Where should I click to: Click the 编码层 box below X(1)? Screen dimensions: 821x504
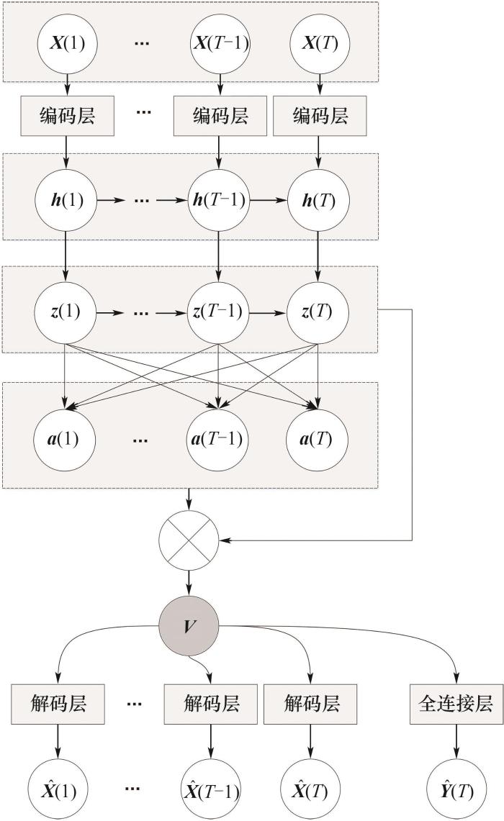click(x=67, y=114)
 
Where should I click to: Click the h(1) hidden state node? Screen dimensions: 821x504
click(x=67, y=199)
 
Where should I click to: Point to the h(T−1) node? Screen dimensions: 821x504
click(x=218, y=199)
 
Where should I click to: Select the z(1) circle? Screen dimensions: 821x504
click(x=67, y=313)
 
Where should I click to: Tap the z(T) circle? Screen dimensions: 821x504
click(x=318, y=313)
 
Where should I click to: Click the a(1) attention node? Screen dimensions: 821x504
click(x=67, y=437)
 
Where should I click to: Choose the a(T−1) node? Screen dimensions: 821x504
click(x=218, y=437)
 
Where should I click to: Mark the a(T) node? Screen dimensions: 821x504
click(x=318, y=437)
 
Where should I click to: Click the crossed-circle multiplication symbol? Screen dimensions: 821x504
click(x=189, y=540)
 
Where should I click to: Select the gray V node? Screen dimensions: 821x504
click(x=189, y=625)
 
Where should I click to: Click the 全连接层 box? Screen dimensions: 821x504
click(x=455, y=703)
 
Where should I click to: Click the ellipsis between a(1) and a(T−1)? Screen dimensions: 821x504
click(x=142, y=437)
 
